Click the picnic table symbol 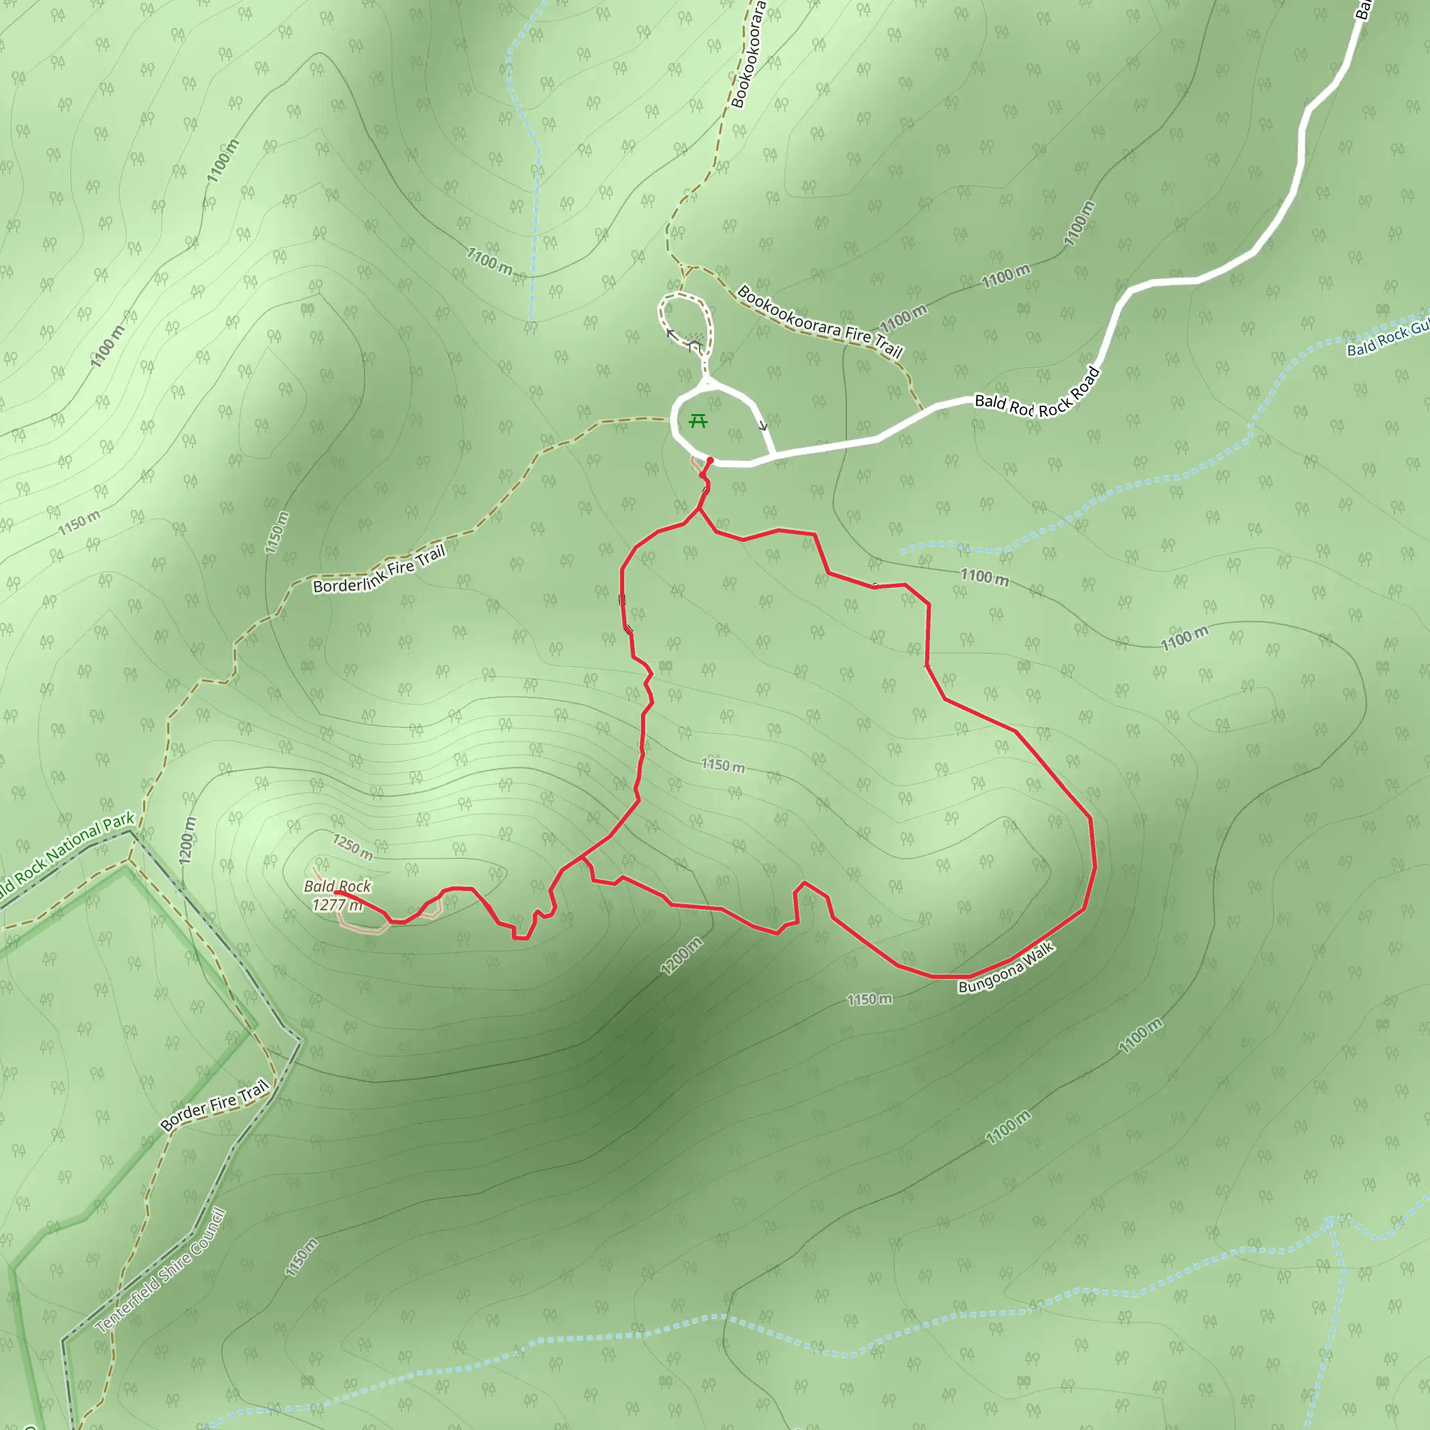point(698,422)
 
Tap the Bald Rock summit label point(337,886)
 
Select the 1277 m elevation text point(337,905)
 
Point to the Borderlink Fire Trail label point(379,569)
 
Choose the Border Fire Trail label point(214,1105)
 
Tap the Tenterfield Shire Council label point(161,1271)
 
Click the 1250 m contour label point(353,847)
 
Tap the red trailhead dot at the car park point(710,460)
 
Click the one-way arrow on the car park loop point(762,426)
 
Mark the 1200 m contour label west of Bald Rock point(188,840)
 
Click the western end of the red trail point(336,893)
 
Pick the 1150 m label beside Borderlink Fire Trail point(276,532)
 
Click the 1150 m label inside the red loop point(723,765)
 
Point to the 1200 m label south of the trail point(681,957)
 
